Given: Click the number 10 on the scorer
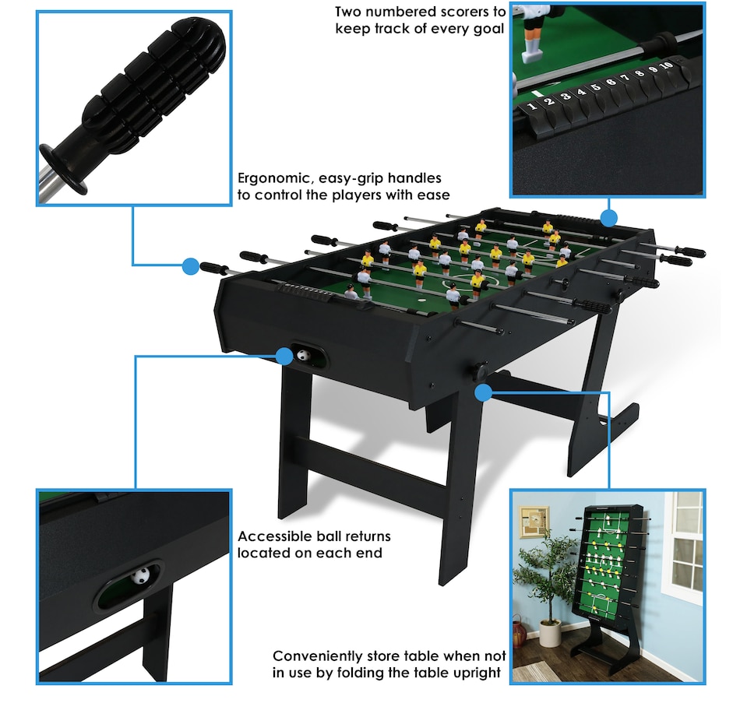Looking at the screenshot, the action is coord(666,65).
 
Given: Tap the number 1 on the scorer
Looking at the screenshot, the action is coord(533,106).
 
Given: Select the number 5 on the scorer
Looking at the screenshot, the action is coord(596,87).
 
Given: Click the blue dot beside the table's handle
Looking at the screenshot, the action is coord(191,266).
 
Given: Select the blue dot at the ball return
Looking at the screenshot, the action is coord(284,356).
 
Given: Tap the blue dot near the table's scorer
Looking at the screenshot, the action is coord(609,218).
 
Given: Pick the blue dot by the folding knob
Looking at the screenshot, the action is coord(483,392).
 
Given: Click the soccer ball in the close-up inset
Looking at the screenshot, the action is coord(141,575).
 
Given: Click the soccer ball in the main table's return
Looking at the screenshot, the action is coord(303,355).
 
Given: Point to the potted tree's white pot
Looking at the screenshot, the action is coord(550,633).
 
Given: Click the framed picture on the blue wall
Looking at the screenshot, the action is coord(534,522).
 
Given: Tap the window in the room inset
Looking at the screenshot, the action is coord(682,547).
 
